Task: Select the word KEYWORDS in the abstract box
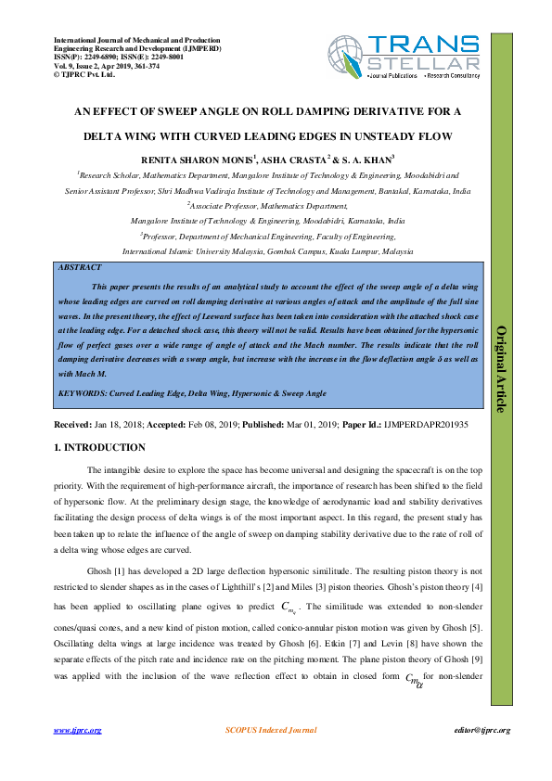[80, 393]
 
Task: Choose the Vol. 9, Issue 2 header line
[84, 66]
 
